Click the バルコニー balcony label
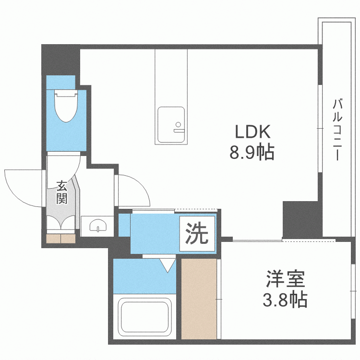pos(338,130)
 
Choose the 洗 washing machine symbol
pos(197,234)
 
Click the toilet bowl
pos(66,108)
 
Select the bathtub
pos(145,317)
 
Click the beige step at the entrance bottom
pos(61,238)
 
